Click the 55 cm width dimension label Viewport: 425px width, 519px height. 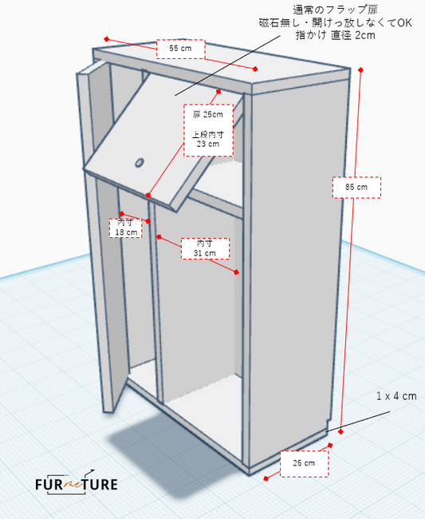[180, 49]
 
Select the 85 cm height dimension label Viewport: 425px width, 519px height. [356, 188]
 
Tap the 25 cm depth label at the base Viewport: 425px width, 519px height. [304, 463]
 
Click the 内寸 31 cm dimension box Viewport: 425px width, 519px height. [205, 248]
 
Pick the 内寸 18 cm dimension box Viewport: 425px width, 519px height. [126, 228]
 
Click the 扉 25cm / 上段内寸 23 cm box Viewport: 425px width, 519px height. [208, 129]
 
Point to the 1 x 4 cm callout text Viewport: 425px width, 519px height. [396, 396]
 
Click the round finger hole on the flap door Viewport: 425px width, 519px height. [140, 163]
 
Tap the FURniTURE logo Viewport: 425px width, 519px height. [77, 483]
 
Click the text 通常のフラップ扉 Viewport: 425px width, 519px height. [335, 10]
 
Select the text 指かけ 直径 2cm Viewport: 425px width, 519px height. [335, 35]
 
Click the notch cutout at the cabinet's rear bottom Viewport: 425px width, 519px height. [328, 425]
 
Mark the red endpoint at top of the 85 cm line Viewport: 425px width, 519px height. [360, 70]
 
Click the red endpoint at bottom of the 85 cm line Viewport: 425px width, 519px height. [340, 432]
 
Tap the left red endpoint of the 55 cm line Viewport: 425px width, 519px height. [106, 39]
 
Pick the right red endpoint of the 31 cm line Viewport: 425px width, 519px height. [236, 272]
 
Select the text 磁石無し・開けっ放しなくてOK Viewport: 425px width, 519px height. [335, 23]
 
